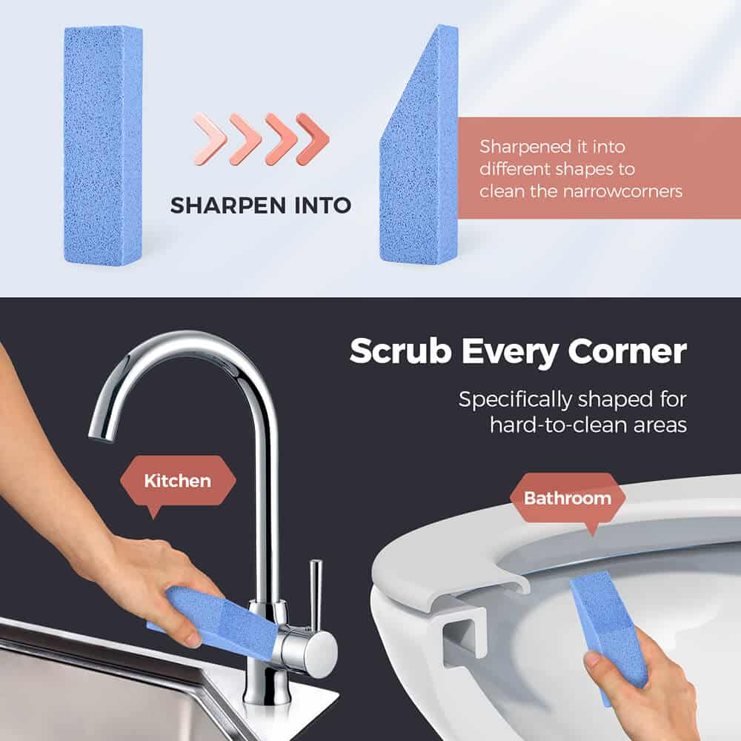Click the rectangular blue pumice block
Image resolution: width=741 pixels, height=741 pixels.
tap(103, 144)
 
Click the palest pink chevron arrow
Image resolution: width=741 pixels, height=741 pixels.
tap(210, 139)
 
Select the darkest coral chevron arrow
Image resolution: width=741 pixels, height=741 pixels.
tap(313, 139)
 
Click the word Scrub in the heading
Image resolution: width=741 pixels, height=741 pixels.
tap(401, 351)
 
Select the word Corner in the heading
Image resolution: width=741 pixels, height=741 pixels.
tap(627, 351)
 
